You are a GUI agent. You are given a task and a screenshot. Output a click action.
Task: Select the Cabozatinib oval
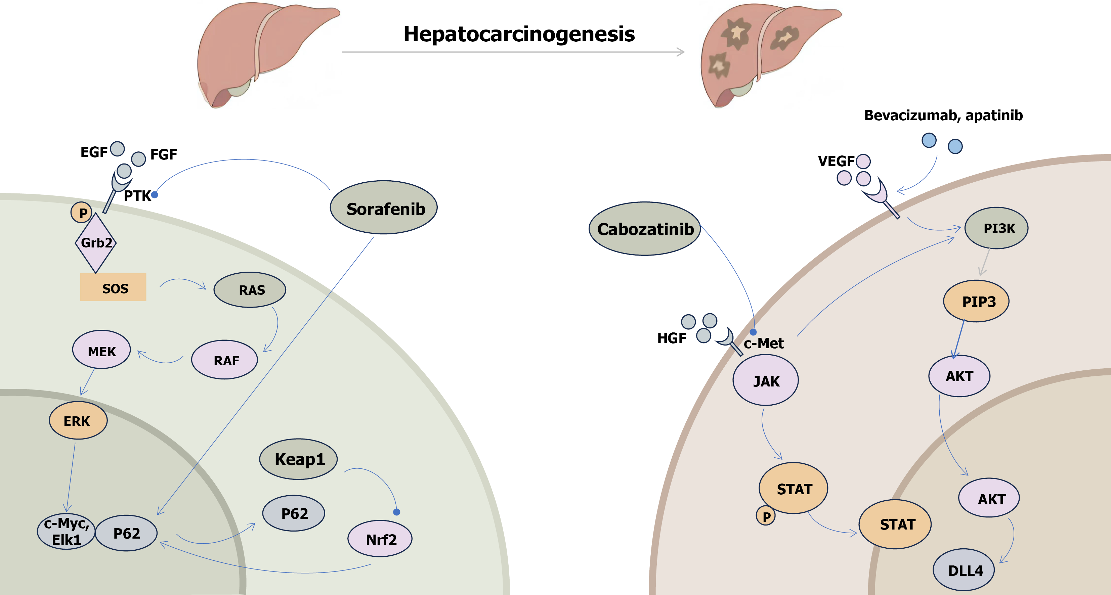(x=645, y=229)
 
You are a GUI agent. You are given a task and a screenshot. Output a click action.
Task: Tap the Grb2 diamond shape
(x=96, y=243)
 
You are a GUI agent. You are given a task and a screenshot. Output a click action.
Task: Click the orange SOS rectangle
(x=113, y=287)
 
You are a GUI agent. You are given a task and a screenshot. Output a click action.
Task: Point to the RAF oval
(x=224, y=360)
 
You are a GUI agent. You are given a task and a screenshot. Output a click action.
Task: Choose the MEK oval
(x=101, y=350)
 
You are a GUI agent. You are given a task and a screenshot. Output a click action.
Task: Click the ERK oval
(x=78, y=420)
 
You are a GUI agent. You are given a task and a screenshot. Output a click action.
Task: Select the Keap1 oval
(x=298, y=459)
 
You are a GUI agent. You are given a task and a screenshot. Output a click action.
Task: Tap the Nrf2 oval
(x=380, y=539)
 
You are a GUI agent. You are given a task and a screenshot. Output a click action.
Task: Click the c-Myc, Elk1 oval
(x=66, y=532)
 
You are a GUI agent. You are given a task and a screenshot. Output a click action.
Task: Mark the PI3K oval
(x=996, y=228)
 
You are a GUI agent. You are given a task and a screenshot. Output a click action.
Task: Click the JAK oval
(x=766, y=381)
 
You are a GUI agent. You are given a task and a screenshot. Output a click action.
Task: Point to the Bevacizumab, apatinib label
(x=943, y=116)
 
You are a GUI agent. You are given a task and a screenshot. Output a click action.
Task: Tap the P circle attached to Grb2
(x=82, y=213)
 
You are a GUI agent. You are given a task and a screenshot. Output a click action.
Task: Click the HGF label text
(x=672, y=338)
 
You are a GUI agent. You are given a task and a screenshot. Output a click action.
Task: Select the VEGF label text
(x=836, y=161)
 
